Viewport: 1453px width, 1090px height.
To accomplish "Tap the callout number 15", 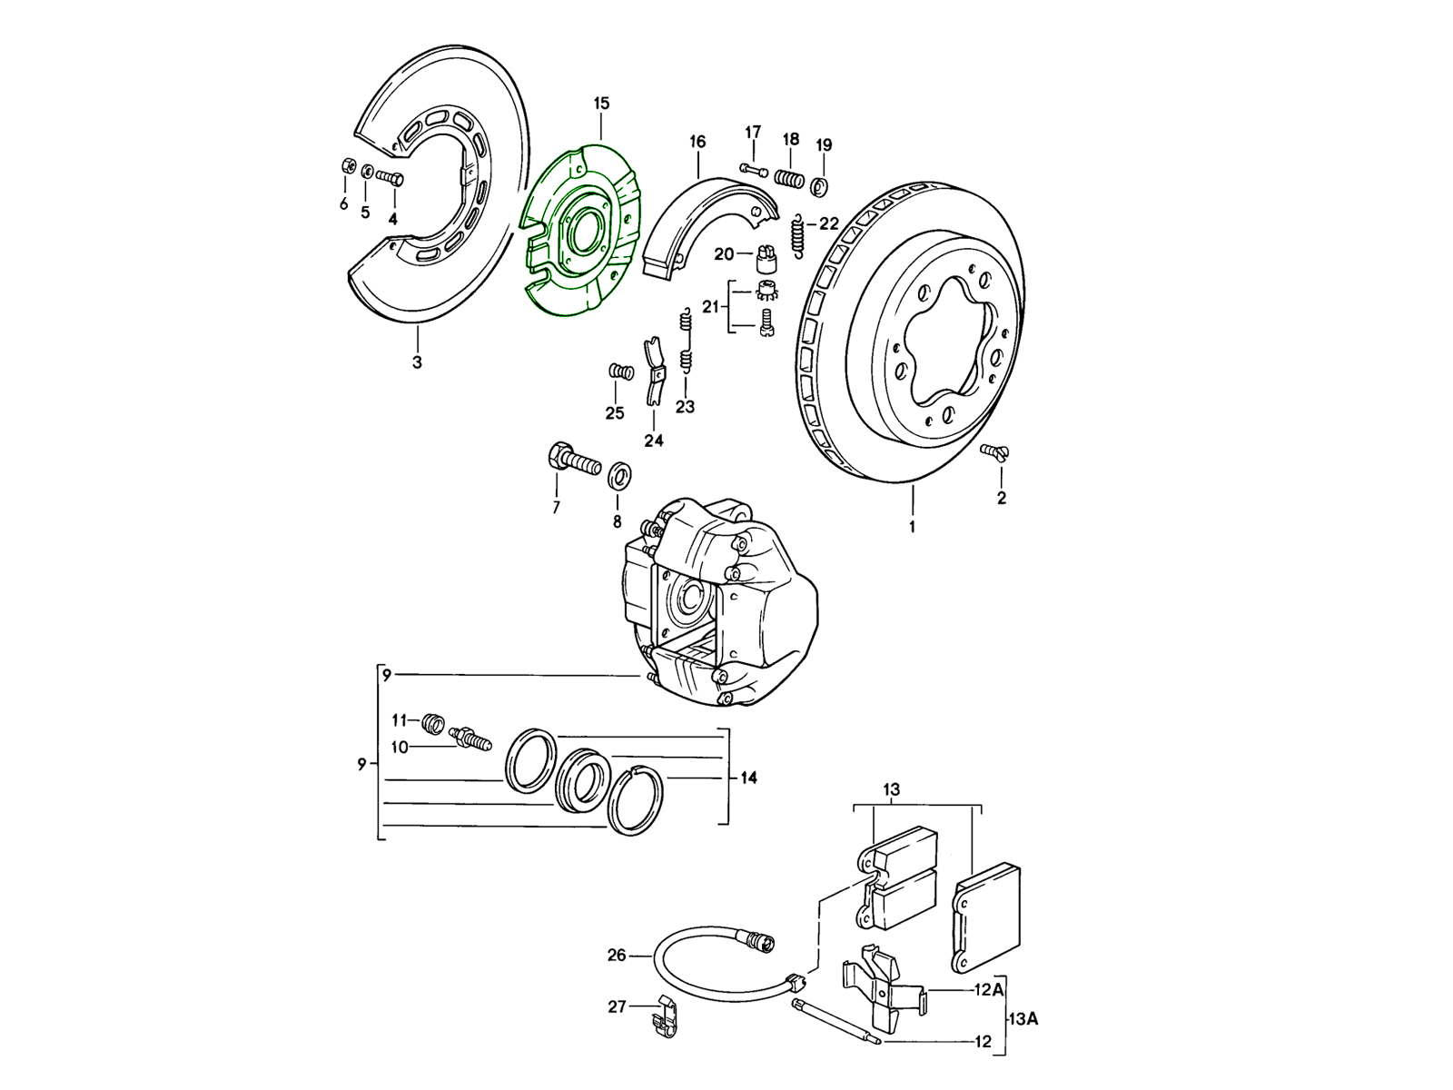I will [601, 104].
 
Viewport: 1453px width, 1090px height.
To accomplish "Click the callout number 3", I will [417, 362].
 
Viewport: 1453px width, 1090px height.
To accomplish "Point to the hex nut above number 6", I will [346, 166].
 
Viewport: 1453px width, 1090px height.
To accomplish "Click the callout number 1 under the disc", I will [912, 526].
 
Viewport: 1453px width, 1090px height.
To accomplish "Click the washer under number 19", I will [821, 186].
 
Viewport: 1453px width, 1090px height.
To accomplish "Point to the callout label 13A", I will [1022, 1018].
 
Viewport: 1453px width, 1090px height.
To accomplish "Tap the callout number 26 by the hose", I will [617, 955].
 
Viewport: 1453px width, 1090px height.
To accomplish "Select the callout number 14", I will [748, 778].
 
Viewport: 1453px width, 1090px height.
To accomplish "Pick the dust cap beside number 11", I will [433, 723].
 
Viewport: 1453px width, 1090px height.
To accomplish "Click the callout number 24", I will [654, 441].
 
